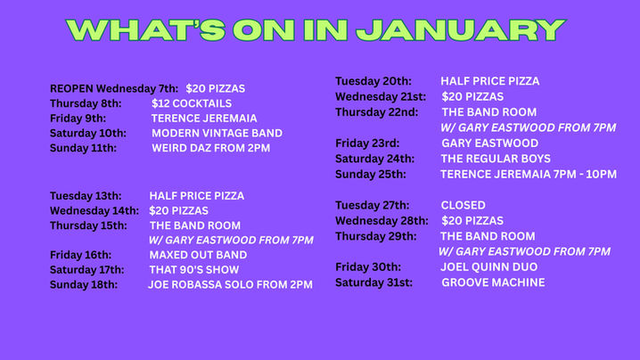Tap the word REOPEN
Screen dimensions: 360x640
pos(71,88)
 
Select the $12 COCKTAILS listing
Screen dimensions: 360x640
pos(192,103)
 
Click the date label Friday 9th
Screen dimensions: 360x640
pos(78,118)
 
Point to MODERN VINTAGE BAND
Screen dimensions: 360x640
pos(217,133)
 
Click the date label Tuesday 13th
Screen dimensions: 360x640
pos(85,195)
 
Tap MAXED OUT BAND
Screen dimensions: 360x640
pos(198,255)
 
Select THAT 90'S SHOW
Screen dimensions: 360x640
pos(194,269)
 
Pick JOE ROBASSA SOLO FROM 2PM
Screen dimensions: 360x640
pos(230,284)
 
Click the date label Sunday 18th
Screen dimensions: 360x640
pos(83,284)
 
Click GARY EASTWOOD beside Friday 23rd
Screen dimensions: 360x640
pos(489,143)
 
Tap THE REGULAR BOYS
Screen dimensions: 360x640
pos(496,159)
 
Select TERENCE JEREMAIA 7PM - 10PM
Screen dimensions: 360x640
pos(529,174)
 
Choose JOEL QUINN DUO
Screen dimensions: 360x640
pos(488,266)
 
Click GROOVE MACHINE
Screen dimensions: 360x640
pos(493,282)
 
